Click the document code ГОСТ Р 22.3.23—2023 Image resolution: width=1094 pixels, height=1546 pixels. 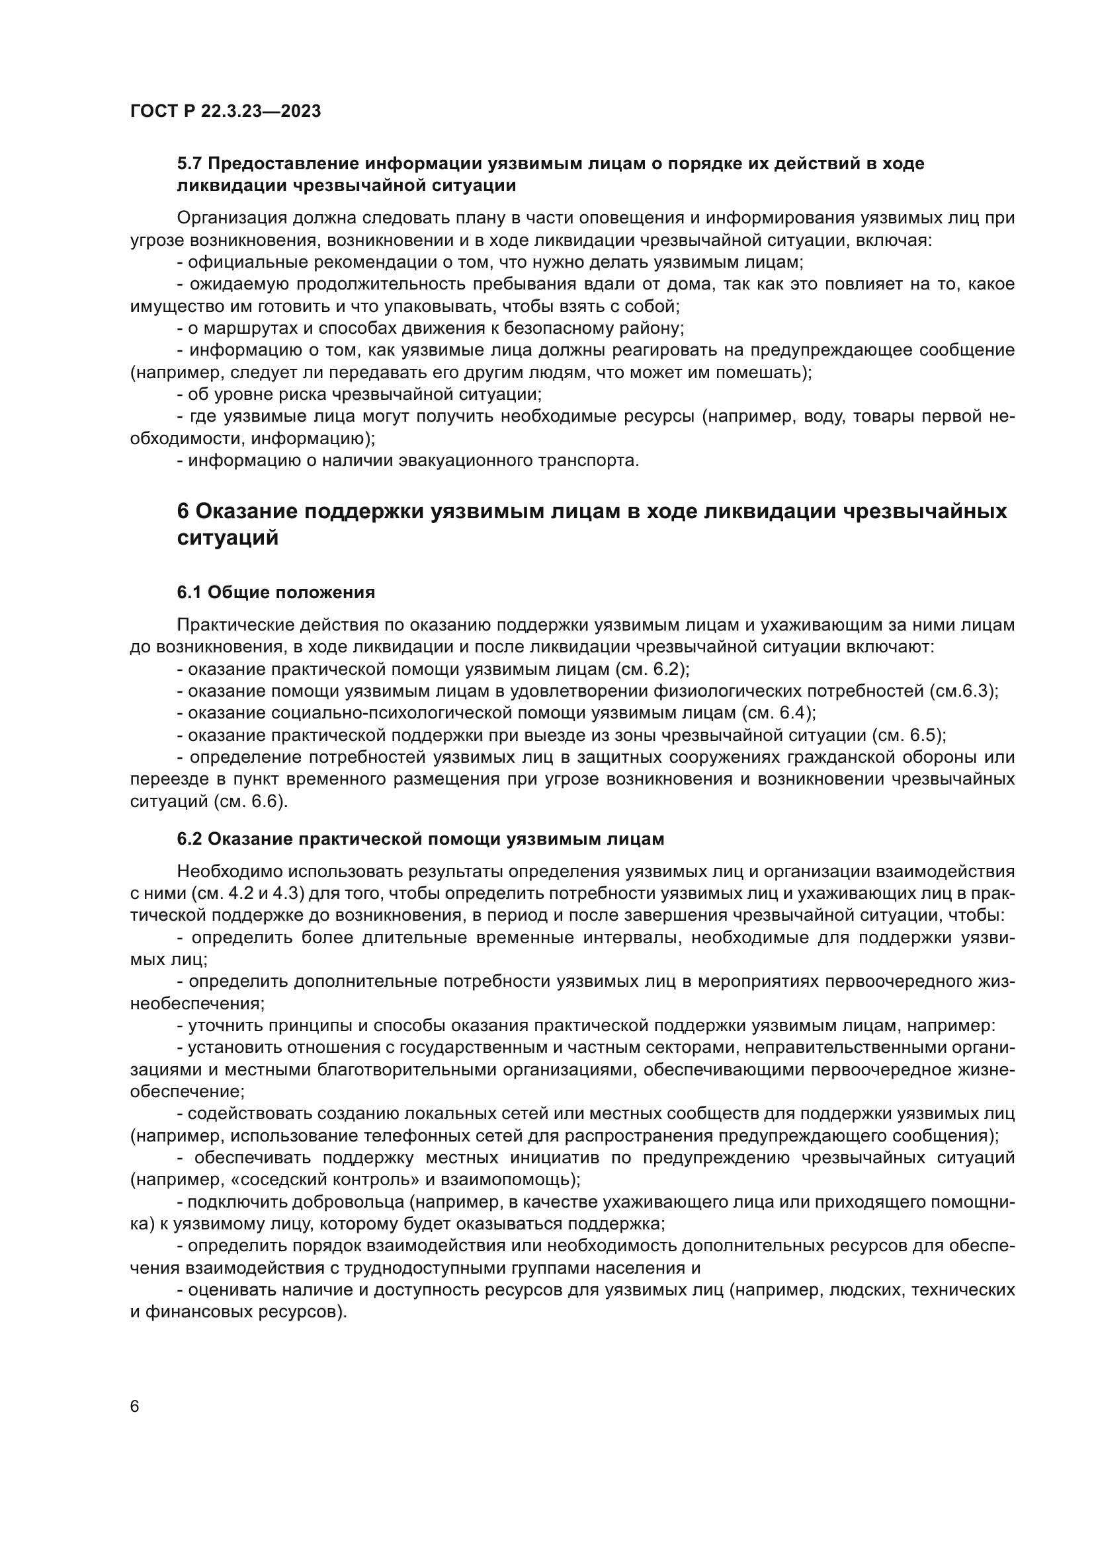(x=225, y=111)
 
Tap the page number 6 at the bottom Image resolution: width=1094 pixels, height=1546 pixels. (x=134, y=1407)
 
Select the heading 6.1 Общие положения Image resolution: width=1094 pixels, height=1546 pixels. (x=276, y=592)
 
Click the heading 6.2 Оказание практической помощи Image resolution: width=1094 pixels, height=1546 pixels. (x=421, y=839)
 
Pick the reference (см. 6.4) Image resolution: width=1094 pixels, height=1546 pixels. (x=778, y=713)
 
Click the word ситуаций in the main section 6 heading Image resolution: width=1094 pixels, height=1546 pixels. (x=227, y=539)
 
